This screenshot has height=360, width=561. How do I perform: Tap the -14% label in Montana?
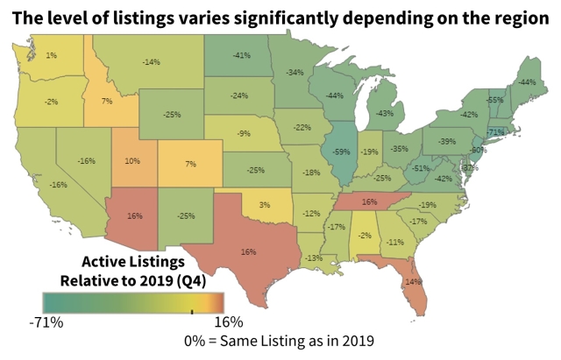point(151,62)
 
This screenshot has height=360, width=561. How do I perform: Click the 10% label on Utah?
point(132,161)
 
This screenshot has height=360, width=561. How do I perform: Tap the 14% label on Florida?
point(412,281)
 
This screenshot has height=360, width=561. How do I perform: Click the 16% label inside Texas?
point(247,251)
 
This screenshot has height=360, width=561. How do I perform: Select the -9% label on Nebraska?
point(245,135)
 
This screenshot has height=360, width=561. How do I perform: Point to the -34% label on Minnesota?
point(295,72)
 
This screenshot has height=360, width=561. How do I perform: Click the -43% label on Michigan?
point(384,113)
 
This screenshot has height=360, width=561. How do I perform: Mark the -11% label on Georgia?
point(395,242)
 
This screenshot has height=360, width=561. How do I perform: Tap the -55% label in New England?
point(494,101)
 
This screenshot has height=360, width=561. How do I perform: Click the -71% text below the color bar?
point(46,322)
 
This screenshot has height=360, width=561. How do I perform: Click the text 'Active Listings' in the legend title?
point(131,262)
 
